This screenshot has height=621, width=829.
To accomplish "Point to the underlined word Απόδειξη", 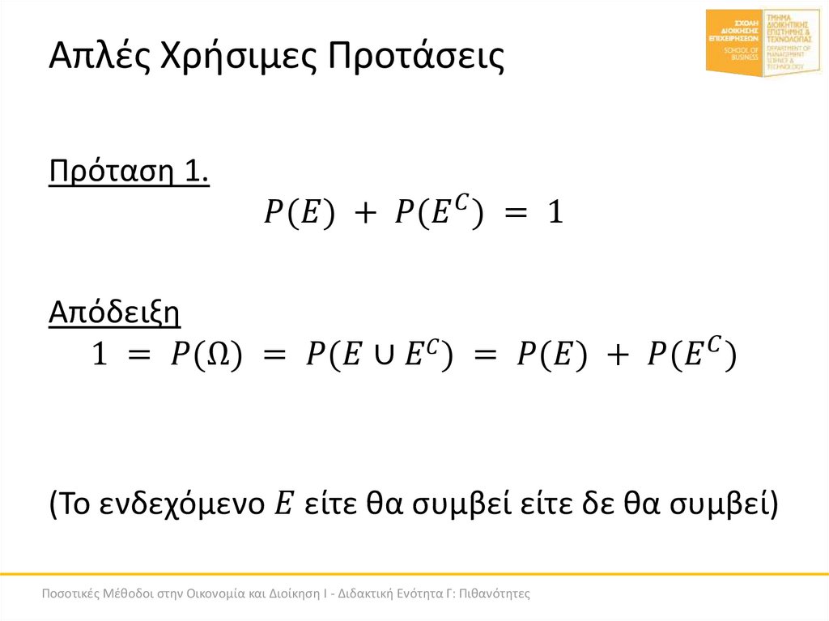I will pyautogui.click(x=114, y=311).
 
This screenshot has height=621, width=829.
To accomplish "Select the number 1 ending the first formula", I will pyautogui.click(x=554, y=214).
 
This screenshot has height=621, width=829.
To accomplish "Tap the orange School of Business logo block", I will pyautogui.click(x=734, y=43).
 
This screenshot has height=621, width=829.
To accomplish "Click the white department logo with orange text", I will pyautogui.click(x=792, y=43).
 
